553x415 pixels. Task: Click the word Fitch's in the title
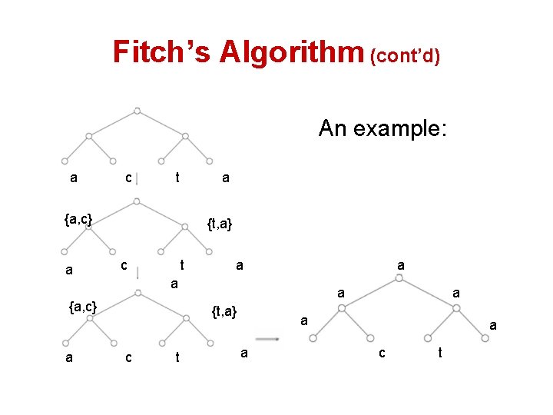tap(161, 51)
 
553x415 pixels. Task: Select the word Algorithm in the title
tap(290, 51)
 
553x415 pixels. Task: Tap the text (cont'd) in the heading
tap(405, 56)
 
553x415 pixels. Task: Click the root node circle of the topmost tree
tap(137, 111)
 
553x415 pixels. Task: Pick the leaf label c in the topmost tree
tap(128, 178)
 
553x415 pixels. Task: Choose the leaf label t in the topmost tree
tap(177, 178)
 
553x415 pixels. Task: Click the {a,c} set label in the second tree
tap(78, 220)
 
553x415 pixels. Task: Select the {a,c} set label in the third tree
tap(83, 307)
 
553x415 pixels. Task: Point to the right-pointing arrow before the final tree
tap(267, 337)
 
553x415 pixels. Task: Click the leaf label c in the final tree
tap(381, 353)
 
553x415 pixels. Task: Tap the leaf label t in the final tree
tap(439, 353)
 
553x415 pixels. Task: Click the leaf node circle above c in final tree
tap(370, 337)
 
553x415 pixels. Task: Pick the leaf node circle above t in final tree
tap(429, 337)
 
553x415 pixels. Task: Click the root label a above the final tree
tap(400, 264)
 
